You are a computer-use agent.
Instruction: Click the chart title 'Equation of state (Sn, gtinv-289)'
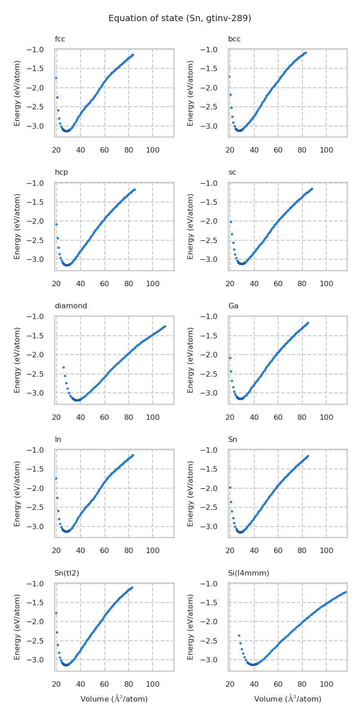pyautogui.click(x=180, y=18)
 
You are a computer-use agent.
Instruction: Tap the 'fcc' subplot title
pyautogui.click(x=60, y=39)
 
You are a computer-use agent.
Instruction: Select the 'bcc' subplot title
pyautogui.click(x=234, y=39)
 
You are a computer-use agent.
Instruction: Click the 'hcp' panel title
pyautogui.click(x=61, y=172)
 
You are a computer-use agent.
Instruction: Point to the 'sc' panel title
pyautogui.click(x=232, y=172)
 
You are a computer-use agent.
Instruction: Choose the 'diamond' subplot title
pyautogui.click(x=71, y=306)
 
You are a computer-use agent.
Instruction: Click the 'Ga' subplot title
pyautogui.click(x=233, y=306)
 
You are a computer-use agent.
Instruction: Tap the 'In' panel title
pyautogui.click(x=58, y=440)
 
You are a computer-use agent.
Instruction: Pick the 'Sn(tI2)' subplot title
pyautogui.click(x=67, y=573)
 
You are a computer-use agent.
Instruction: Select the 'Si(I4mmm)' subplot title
pyautogui.click(x=248, y=573)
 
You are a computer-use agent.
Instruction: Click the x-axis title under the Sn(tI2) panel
pyautogui.click(x=114, y=699)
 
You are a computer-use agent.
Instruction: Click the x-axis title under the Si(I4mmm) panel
pyautogui.click(x=288, y=699)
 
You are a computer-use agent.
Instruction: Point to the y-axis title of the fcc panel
pyautogui.click(x=18, y=93)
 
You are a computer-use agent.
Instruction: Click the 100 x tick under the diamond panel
pyautogui.click(x=153, y=417)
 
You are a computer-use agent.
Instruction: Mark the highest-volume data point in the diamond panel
pyautogui.click(x=165, y=326)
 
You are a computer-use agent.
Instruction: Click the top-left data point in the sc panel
pyautogui.click(x=231, y=222)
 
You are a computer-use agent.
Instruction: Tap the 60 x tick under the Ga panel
pyautogui.click(x=278, y=417)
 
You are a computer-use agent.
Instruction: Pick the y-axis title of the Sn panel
pyautogui.click(x=191, y=494)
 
